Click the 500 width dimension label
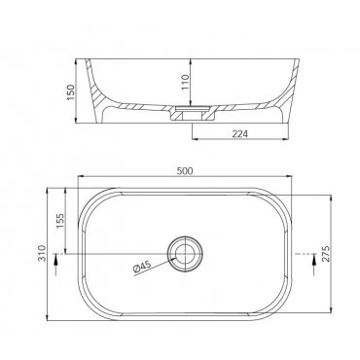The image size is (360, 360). coord(185,170)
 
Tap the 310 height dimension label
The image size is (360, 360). coord(42,254)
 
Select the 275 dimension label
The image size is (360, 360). coord(326,254)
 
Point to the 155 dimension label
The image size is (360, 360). coord(60,221)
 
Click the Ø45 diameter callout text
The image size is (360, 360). coord(142,267)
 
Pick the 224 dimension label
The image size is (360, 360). coord(240,133)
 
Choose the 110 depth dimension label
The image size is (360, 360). coord(185,82)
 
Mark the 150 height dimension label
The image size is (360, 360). coord(71,92)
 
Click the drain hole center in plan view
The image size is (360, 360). coord(185,254)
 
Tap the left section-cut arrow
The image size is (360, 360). coord(56,265)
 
